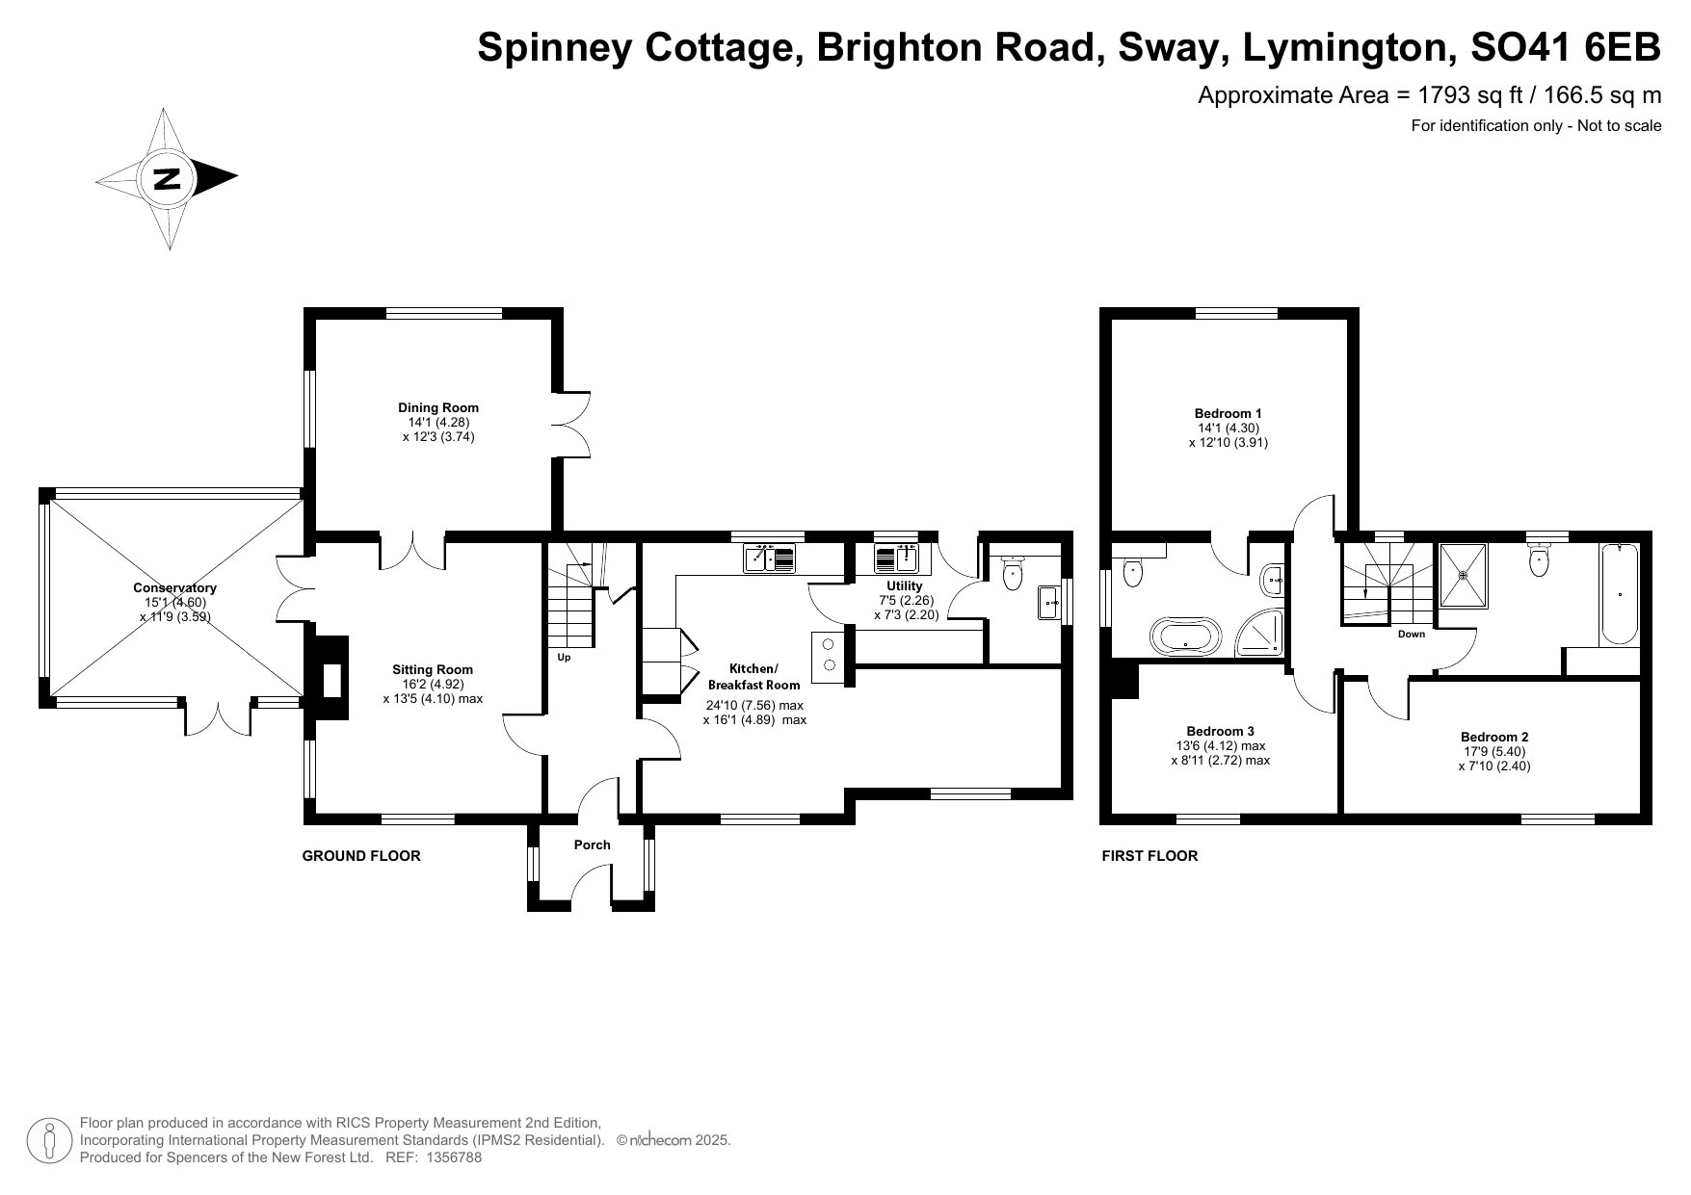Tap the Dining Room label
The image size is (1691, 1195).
pyautogui.click(x=438, y=407)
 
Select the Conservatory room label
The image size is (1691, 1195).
pyautogui.click(x=174, y=587)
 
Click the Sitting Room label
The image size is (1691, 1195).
pyautogui.click(x=433, y=669)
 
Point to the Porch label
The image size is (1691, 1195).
pyautogui.click(x=592, y=844)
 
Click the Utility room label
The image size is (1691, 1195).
pyautogui.click(x=904, y=585)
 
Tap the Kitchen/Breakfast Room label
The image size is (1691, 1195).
pyautogui.click(x=754, y=676)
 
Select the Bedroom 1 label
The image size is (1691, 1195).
pyautogui.click(x=1229, y=413)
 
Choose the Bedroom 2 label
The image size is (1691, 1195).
pyautogui.click(x=1494, y=738)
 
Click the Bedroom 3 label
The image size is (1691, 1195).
pyautogui.click(x=1220, y=731)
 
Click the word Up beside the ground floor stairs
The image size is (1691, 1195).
pyautogui.click(x=564, y=658)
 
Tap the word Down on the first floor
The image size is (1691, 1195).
pyautogui.click(x=1412, y=634)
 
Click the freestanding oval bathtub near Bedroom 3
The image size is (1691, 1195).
pyautogui.click(x=1185, y=636)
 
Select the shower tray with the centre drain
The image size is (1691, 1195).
pyautogui.click(x=1463, y=576)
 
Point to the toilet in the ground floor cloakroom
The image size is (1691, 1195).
pyautogui.click(x=1012, y=572)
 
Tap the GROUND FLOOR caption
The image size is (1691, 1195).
pyautogui.click(x=361, y=855)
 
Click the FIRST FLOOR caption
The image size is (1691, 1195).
pyautogui.click(x=1149, y=855)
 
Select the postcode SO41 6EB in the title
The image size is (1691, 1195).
pyautogui.click(x=1567, y=47)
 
